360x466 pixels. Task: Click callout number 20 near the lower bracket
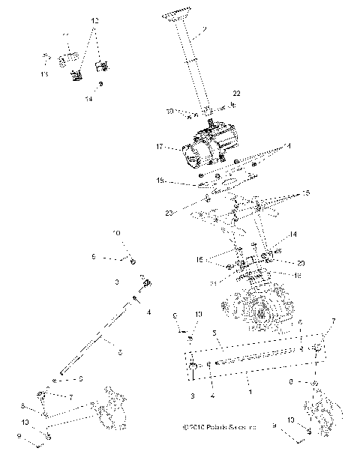pos(280,264)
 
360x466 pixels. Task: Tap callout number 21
pos(214,283)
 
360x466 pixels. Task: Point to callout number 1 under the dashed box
pos(248,390)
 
